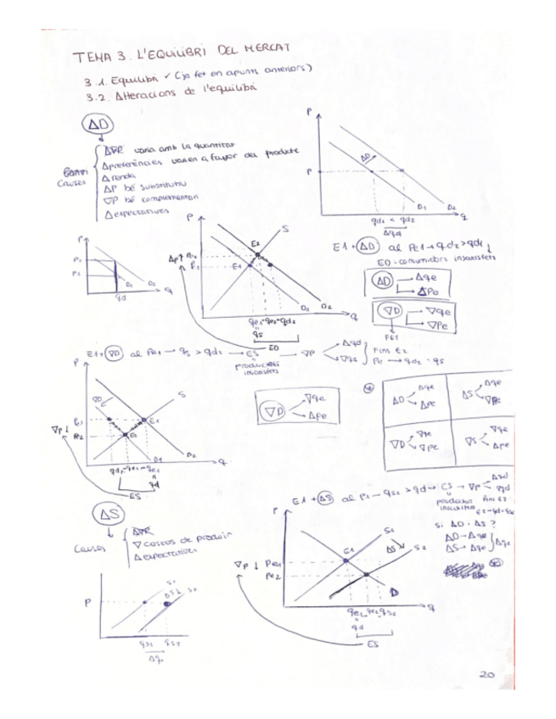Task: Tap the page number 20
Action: coord(486,676)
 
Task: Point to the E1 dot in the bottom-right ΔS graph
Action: coord(345,559)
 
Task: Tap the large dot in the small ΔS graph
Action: coord(166,604)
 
